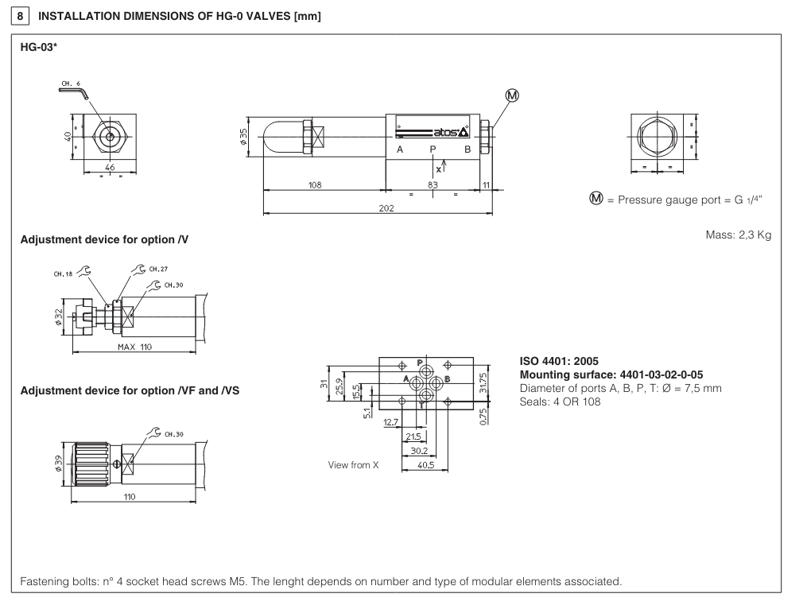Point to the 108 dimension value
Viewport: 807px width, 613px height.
[315, 185]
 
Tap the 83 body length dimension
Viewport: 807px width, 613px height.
[433, 185]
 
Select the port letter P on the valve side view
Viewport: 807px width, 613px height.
[433, 149]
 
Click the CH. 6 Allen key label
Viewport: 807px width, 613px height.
[70, 83]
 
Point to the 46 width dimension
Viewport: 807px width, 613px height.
[110, 168]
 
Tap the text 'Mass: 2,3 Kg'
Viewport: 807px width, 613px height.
[738, 236]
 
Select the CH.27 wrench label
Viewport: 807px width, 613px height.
[145, 269]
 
